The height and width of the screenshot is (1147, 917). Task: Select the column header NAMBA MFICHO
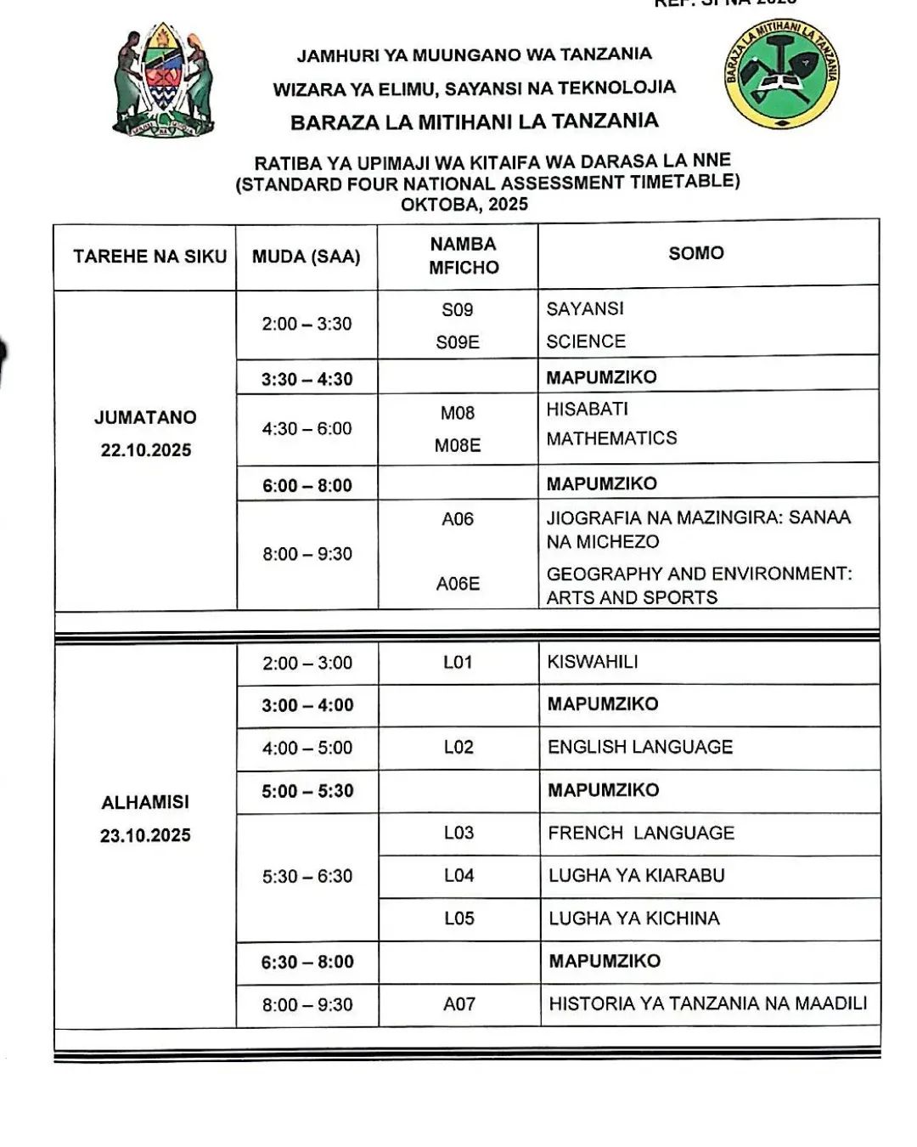(x=463, y=255)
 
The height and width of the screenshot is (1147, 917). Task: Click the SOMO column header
(x=696, y=253)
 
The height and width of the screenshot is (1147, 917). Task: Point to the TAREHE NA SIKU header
(x=149, y=257)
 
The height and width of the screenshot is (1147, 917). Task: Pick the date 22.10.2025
(x=146, y=450)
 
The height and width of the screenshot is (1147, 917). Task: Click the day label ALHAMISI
(x=145, y=802)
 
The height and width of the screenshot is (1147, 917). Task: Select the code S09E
(x=458, y=342)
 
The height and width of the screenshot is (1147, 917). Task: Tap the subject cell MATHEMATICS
(x=611, y=438)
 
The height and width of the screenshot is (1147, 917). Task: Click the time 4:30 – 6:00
(x=307, y=429)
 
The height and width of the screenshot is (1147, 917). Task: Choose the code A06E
(x=458, y=584)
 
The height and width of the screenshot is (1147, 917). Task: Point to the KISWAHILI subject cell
(x=593, y=662)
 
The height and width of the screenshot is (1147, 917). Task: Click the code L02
(x=458, y=747)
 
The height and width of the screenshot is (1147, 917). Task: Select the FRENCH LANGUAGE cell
(x=641, y=833)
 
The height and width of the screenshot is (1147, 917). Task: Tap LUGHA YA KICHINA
(x=633, y=918)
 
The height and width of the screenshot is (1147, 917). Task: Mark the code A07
(x=458, y=1004)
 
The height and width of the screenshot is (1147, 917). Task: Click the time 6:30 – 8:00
(x=307, y=962)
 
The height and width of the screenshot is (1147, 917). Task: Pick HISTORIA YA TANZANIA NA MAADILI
(x=707, y=1003)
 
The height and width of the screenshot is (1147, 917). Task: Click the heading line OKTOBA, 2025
(x=464, y=205)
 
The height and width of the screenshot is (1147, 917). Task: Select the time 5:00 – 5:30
(x=307, y=791)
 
